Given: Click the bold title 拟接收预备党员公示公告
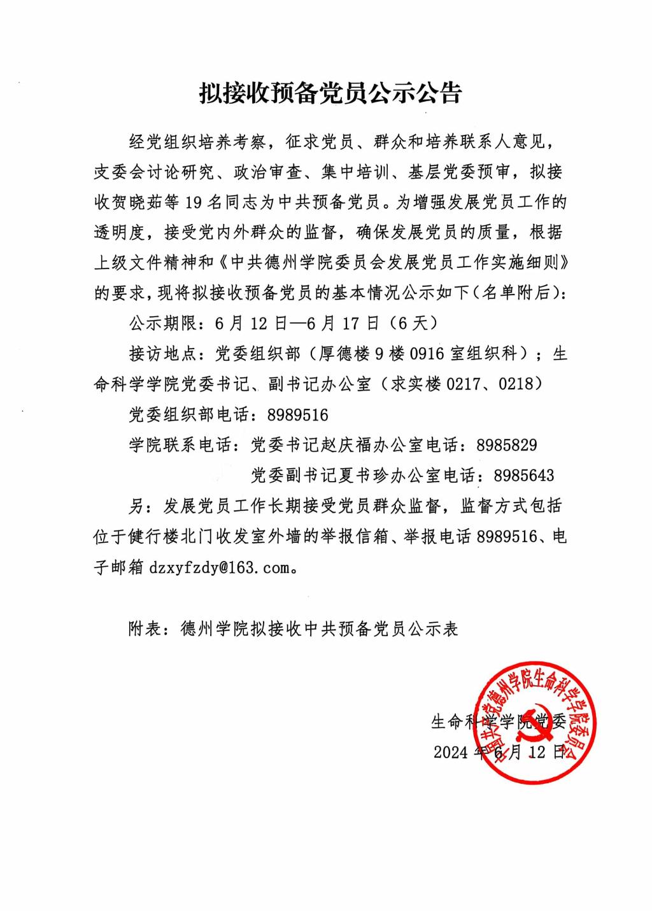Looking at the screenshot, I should (x=330, y=94).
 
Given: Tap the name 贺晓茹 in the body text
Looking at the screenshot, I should (x=148, y=203).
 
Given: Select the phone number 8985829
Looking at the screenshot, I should (x=507, y=445).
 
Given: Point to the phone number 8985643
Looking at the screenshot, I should (x=523, y=475).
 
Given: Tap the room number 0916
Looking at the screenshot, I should (x=427, y=354).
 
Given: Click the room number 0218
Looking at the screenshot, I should (x=520, y=384).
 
